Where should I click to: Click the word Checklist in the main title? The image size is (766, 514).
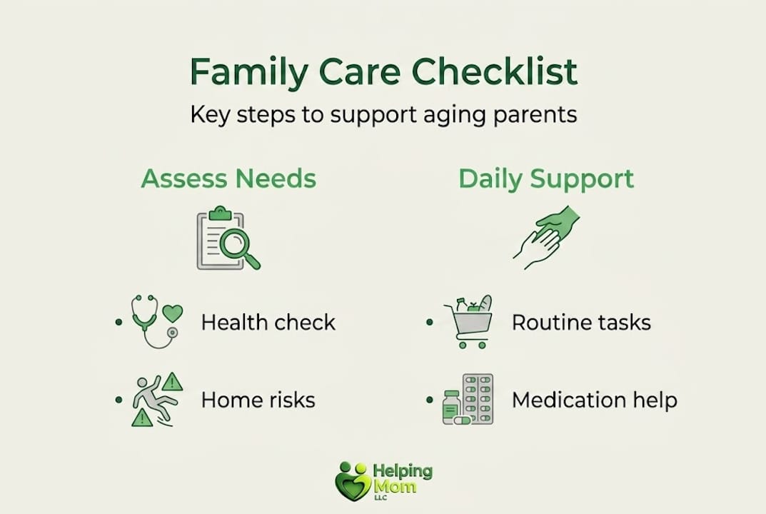(x=495, y=72)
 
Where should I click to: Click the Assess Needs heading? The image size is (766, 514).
(x=228, y=178)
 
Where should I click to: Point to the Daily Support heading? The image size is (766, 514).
(x=546, y=179)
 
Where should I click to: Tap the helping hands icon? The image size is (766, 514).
(x=547, y=237)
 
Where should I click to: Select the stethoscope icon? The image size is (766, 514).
(x=149, y=321)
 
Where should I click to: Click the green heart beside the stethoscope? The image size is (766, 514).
(x=173, y=313)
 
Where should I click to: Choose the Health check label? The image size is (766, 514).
(x=268, y=323)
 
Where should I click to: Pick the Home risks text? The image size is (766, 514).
(x=258, y=400)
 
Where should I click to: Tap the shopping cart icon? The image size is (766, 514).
(x=469, y=323)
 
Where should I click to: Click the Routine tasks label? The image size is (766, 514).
(x=581, y=323)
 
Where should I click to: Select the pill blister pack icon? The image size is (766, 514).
(x=478, y=398)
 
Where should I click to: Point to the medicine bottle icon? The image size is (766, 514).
(x=451, y=406)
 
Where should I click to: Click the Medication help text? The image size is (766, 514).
(x=595, y=400)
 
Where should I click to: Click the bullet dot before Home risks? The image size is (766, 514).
(x=119, y=400)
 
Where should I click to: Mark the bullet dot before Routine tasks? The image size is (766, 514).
(x=430, y=323)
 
